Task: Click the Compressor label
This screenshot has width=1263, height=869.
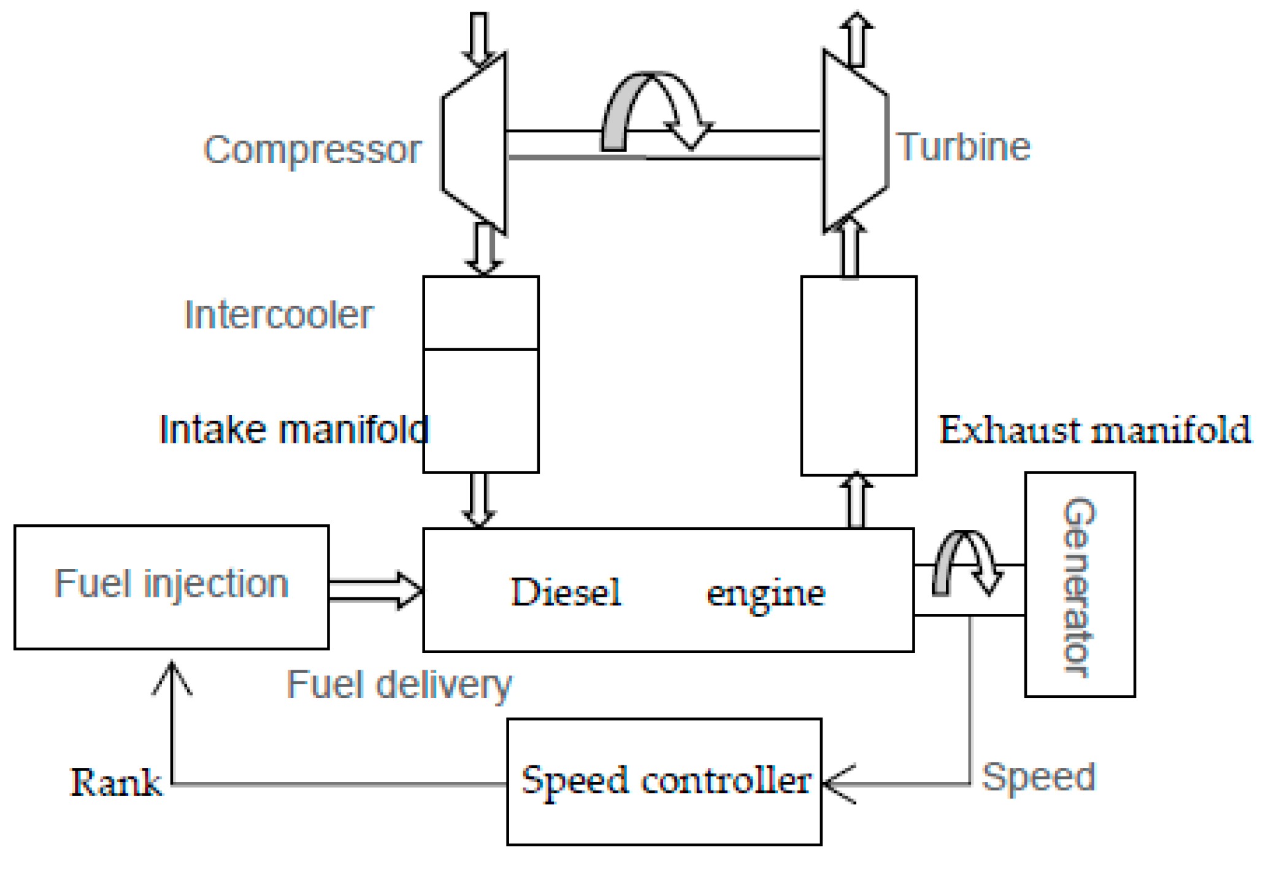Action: pyautogui.click(x=312, y=150)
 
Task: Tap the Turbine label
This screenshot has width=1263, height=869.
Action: pyautogui.click(x=964, y=147)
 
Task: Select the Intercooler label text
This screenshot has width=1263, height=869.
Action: pyautogui.click(x=278, y=315)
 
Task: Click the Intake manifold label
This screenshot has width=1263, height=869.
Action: pyautogui.click(x=293, y=429)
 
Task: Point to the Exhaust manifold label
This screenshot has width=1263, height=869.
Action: pyautogui.click(x=1094, y=430)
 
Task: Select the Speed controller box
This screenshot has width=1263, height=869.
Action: pyautogui.click(x=664, y=781)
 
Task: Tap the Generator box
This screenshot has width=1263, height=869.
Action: pyautogui.click(x=1079, y=584)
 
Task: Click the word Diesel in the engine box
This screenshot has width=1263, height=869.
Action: pyautogui.click(x=566, y=592)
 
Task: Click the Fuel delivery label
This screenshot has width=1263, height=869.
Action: pyautogui.click(x=399, y=684)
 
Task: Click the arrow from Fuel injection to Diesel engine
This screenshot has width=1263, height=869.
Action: pyautogui.click(x=375, y=590)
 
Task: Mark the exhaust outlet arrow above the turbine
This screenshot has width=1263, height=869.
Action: pyautogui.click(x=856, y=38)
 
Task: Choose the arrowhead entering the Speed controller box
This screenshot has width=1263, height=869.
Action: pyautogui.click(x=838, y=783)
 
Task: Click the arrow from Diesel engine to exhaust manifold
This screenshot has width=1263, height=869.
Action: pyautogui.click(x=856, y=500)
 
